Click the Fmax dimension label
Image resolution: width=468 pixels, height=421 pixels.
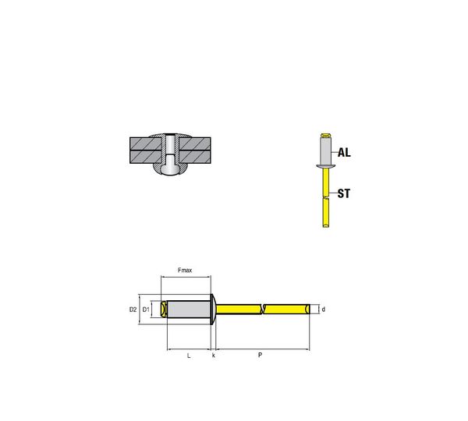pos(185,271)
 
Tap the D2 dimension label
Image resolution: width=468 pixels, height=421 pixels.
pos(133,310)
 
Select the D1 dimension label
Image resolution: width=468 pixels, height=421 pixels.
pos(146,310)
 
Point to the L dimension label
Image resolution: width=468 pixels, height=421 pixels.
pos(189,356)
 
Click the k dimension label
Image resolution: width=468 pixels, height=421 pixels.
pos(214,356)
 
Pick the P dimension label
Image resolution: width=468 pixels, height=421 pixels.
pos(261,355)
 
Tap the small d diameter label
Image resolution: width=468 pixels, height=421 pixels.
pos(324,310)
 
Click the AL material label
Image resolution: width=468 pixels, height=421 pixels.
pos(344,153)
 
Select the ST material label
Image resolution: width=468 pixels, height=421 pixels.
pos(343,193)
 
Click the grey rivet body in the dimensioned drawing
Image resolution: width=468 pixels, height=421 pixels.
pos(189,310)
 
